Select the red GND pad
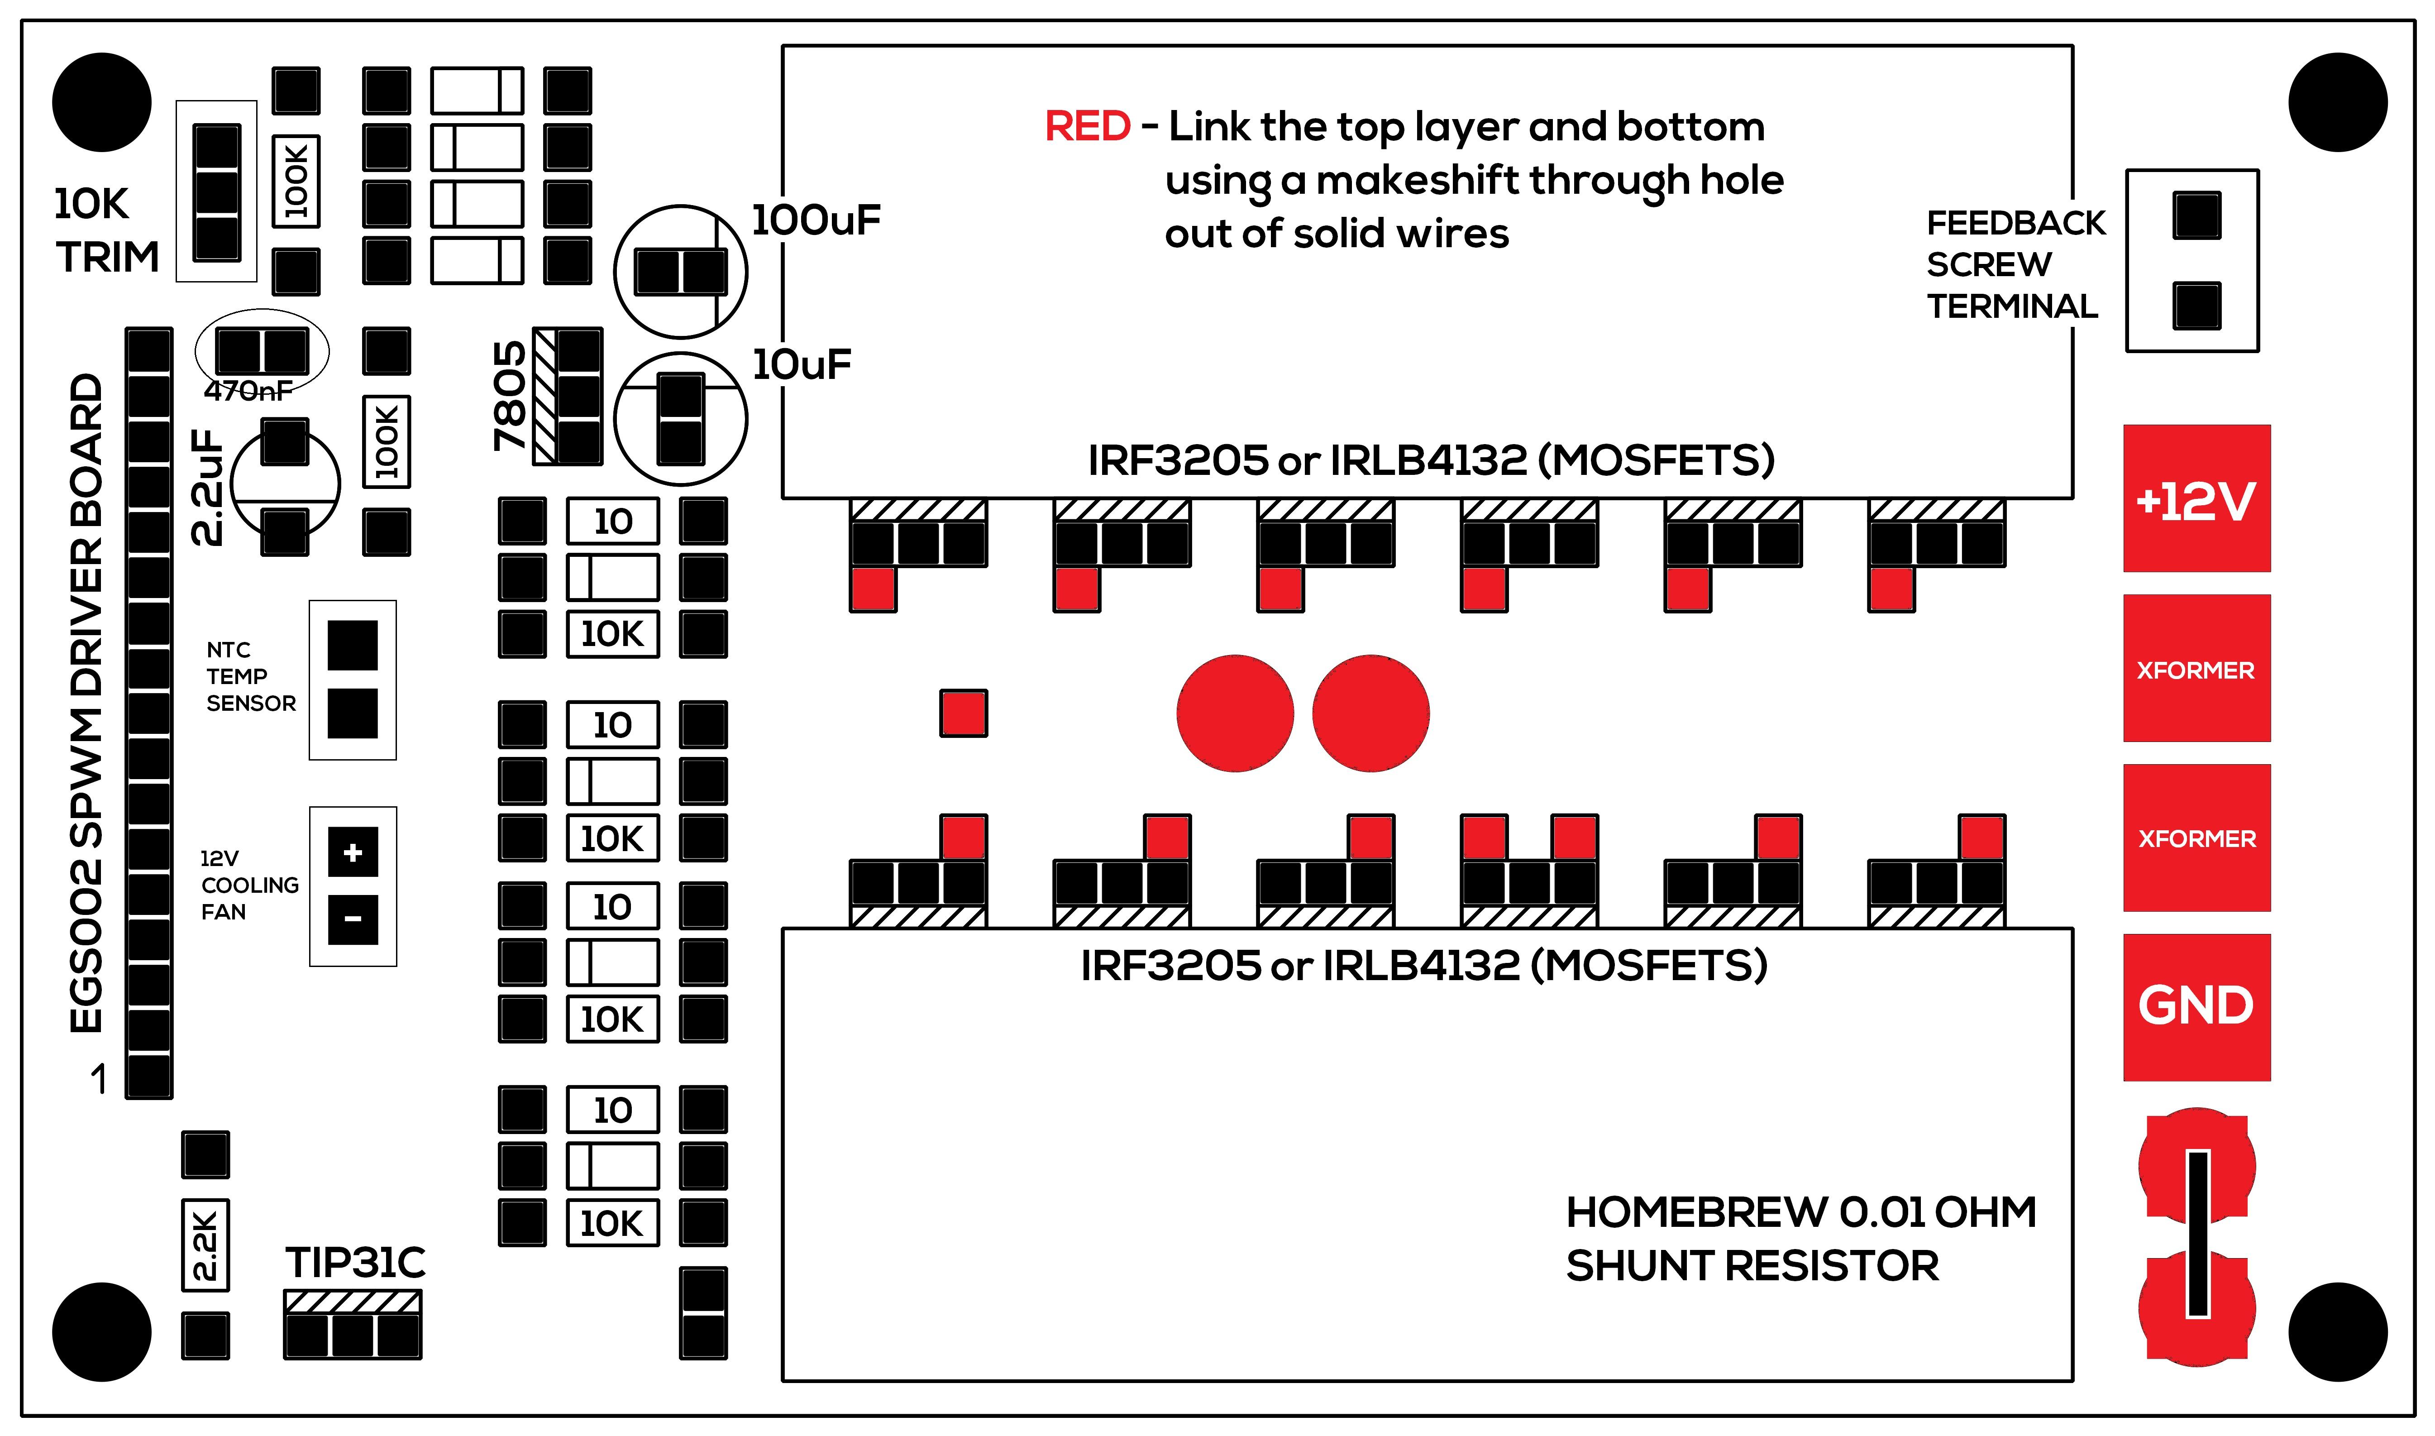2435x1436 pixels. point(2196,1006)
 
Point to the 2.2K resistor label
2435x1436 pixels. point(205,1245)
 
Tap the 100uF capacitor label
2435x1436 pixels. point(816,220)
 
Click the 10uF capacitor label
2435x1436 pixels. point(801,365)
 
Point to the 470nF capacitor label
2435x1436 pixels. point(248,391)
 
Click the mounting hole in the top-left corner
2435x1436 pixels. point(101,103)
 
